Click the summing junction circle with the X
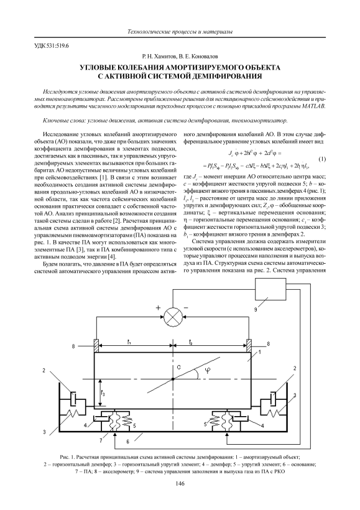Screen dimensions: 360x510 point(172,315)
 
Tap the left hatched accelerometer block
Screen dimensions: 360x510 point(96,345)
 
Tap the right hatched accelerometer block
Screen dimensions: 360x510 point(249,345)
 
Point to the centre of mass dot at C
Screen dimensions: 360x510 point(173,379)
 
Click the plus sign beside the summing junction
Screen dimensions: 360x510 point(159,308)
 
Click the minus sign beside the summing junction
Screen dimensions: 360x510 point(186,307)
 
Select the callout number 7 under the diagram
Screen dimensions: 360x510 point(101,440)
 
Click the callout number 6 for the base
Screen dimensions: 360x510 point(128,442)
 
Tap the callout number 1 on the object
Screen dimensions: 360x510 point(260,352)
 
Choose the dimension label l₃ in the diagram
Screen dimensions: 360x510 point(102,393)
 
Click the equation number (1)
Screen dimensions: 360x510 point(321,160)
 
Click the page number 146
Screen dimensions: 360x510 point(180,484)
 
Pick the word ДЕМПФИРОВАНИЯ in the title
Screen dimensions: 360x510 point(224,76)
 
